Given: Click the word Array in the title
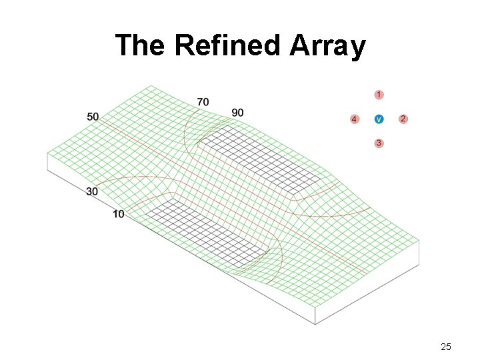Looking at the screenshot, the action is [x=328, y=45].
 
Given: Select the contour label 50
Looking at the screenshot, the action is [x=93, y=117].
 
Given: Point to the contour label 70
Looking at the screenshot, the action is [x=203, y=101].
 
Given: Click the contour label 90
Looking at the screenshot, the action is [x=237, y=113].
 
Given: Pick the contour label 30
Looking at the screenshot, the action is [x=93, y=191].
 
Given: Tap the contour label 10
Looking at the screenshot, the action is [x=118, y=214].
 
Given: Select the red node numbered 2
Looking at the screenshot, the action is [x=403, y=119].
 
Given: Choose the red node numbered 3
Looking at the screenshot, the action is [x=379, y=143].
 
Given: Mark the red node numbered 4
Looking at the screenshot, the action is [x=354, y=119].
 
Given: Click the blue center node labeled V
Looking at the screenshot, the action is [x=379, y=119].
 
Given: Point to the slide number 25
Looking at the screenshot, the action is [x=446, y=346].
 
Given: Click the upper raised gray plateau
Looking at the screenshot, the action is [x=260, y=160].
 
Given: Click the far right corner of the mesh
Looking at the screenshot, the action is [x=419, y=240].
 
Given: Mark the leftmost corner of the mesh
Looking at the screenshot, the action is [x=47, y=153].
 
